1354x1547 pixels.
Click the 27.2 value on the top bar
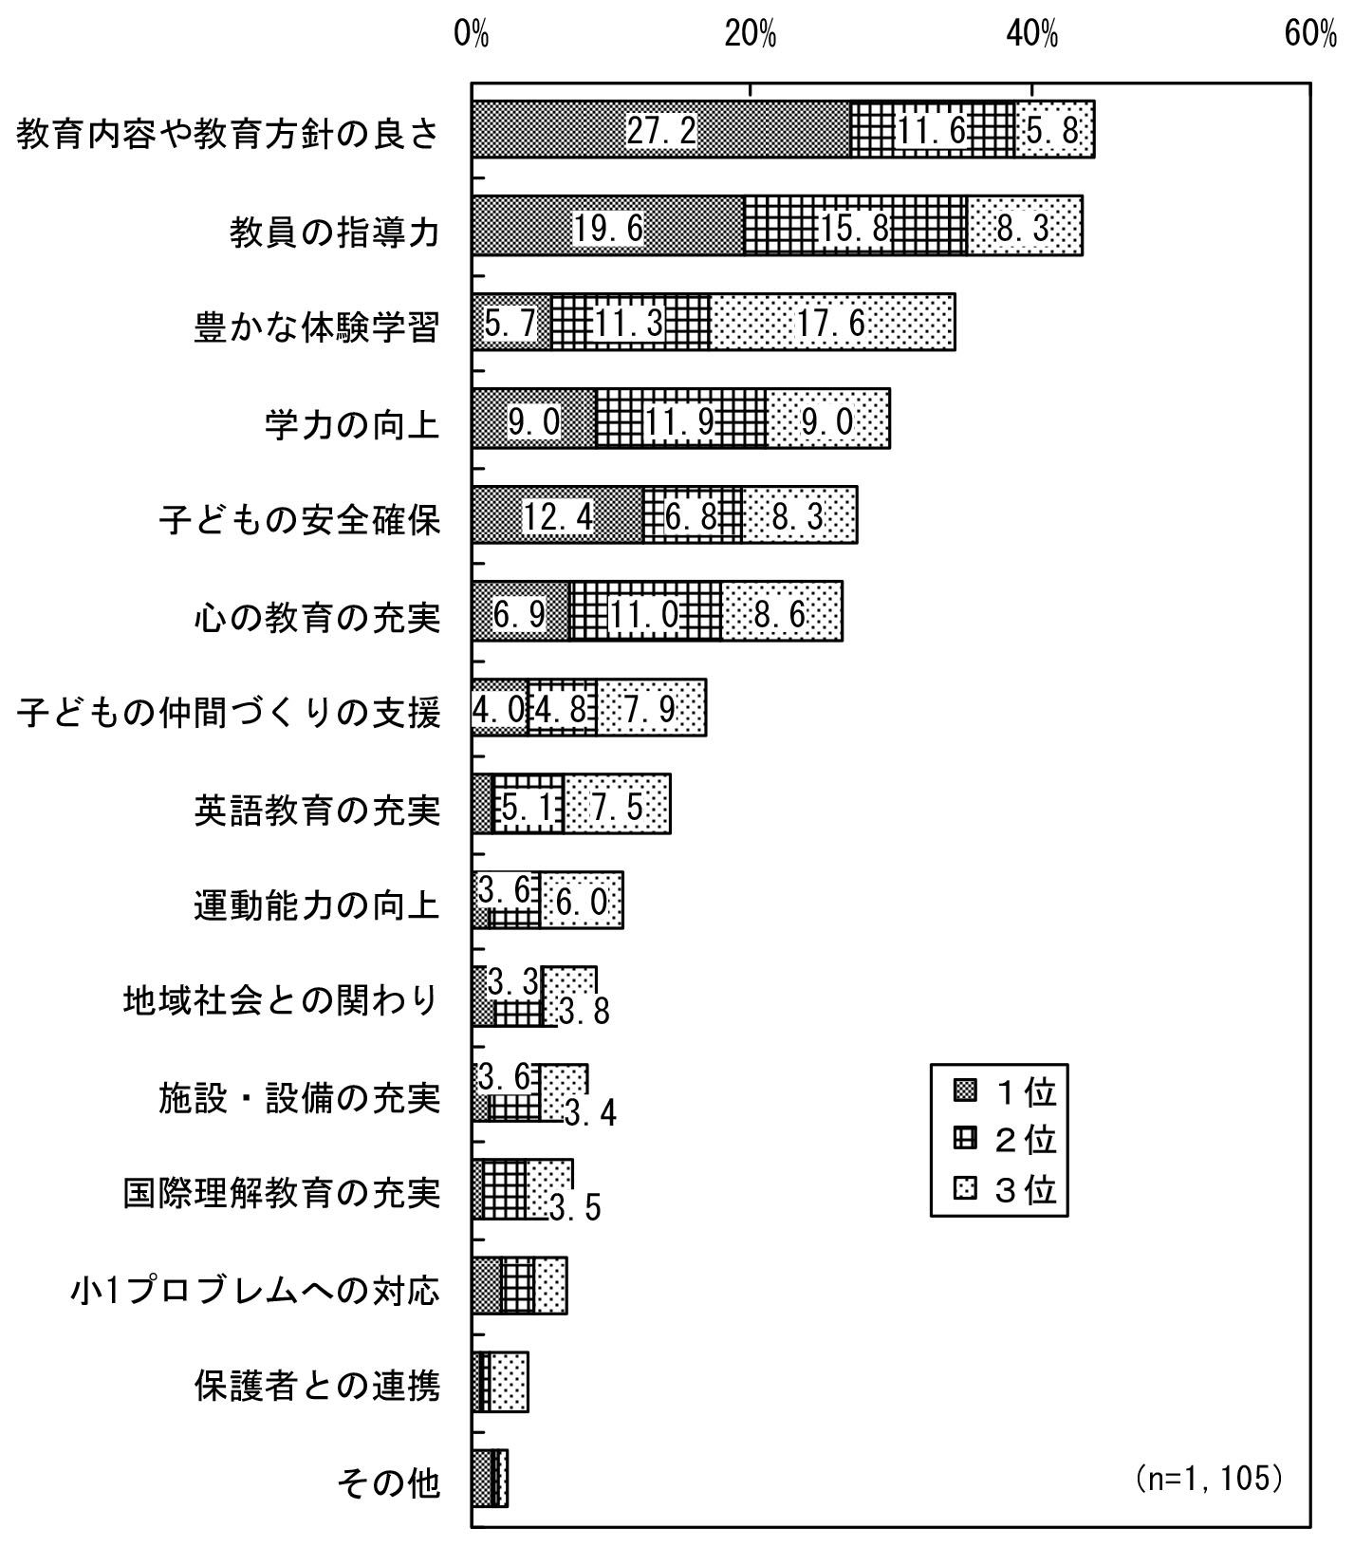[661, 130]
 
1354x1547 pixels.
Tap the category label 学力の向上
[352, 424]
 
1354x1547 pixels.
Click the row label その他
[389, 1481]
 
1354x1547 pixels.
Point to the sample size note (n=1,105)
[1209, 1479]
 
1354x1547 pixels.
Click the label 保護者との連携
[317, 1385]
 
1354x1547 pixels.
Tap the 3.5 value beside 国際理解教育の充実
[575, 1207]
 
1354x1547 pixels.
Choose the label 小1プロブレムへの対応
[255, 1289]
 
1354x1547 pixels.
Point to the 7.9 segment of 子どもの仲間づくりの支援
[651, 708]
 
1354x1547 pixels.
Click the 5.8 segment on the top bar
[1055, 130]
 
